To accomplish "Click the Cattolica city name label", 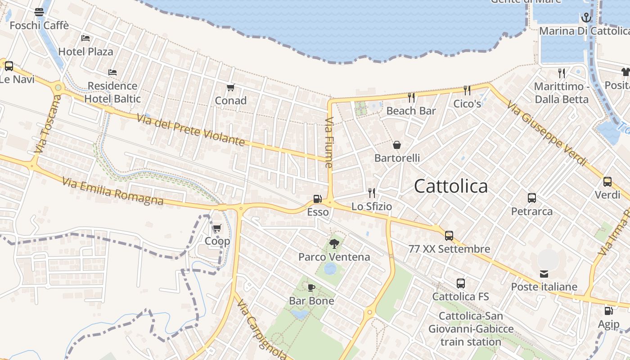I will tap(450, 186).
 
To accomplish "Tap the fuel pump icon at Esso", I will tap(317, 198).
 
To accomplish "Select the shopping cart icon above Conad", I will tap(231, 87).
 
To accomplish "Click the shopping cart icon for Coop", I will tap(217, 228).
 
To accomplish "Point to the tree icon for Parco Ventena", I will tap(334, 244).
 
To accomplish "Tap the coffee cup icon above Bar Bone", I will tap(311, 288).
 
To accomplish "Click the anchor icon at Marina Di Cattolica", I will tap(586, 18).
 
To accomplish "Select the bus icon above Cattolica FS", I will tap(460, 283).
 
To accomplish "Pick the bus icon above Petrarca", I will tap(531, 198).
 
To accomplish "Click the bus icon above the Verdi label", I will tap(607, 182).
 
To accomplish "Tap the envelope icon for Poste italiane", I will tap(544, 274).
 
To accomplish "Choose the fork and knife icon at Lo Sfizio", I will tap(372, 193).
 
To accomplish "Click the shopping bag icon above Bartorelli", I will tap(397, 145).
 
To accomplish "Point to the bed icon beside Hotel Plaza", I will tap(85, 38).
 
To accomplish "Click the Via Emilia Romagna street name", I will tap(112, 191).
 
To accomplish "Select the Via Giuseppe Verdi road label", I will tap(547, 134).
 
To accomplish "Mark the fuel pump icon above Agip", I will tap(608, 310).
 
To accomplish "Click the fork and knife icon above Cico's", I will tap(467, 90).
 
